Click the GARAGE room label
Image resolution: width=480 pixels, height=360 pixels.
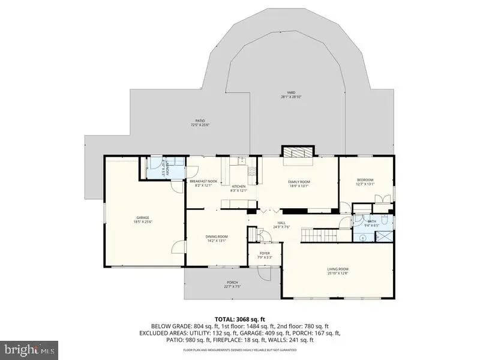point(142,217)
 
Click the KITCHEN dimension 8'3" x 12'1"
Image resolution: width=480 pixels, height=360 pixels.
point(239,191)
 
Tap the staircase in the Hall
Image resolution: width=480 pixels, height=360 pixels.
point(320,235)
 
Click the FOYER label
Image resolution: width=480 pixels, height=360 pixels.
point(265,253)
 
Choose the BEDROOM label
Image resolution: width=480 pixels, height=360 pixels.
point(365,180)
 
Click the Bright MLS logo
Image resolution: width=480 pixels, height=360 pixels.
point(29,348)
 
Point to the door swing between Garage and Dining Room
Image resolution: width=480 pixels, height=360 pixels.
point(176,245)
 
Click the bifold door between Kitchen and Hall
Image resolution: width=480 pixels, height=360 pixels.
point(269,211)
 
